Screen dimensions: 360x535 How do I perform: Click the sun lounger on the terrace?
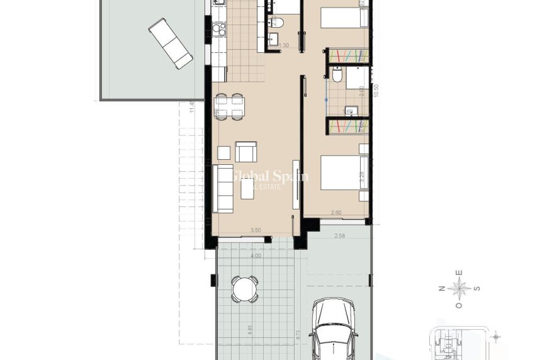(171, 43)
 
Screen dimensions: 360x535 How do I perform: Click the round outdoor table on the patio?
(244, 289)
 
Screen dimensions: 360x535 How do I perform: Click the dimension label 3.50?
(256, 231)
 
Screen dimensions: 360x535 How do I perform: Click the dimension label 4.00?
(256, 256)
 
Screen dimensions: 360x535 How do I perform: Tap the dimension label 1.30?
(284, 45)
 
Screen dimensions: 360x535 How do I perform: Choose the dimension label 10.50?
(376, 89)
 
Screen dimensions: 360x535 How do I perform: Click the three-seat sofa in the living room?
(223, 188)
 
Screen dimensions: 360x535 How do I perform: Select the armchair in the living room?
(245, 152)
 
